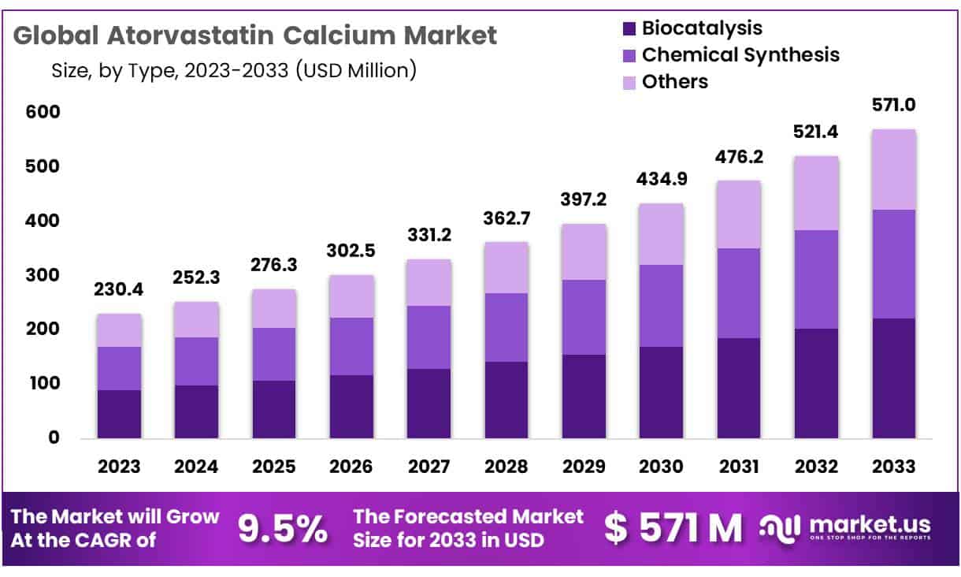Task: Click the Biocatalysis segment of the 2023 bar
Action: [119, 414]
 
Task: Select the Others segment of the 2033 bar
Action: [893, 169]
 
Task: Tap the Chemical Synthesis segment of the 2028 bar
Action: [506, 327]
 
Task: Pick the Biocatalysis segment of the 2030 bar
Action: [661, 392]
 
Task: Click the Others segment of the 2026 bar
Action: [351, 296]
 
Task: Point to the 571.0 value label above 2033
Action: [893, 105]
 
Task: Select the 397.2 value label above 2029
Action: [584, 200]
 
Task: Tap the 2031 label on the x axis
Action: [738, 466]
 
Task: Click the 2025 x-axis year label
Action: [274, 466]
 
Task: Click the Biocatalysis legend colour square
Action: [629, 28]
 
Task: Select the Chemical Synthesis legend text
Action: [740, 54]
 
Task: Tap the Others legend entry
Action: [674, 81]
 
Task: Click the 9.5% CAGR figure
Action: [283, 529]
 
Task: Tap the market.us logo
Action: [846, 527]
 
